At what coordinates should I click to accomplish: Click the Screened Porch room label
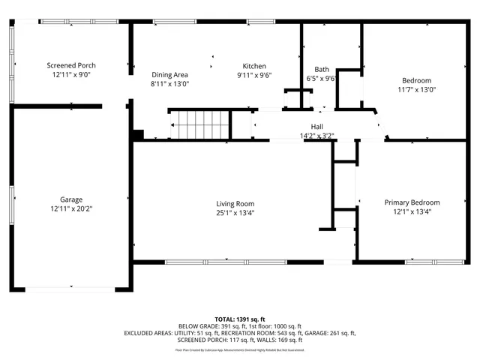(x=71, y=66)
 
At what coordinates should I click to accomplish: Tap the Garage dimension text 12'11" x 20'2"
(x=71, y=208)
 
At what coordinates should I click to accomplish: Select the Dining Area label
(x=169, y=74)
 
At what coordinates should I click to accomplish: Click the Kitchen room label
(x=254, y=66)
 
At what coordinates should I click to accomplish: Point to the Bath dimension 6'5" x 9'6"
(x=322, y=79)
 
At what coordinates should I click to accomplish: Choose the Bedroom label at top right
(x=416, y=80)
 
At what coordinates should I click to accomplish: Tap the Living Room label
(x=235, y=203)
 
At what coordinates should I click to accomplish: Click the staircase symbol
(x=199, y=124)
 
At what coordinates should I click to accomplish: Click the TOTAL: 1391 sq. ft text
(x=239, y=319)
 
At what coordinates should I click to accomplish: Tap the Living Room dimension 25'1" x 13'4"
(x=235, y=212)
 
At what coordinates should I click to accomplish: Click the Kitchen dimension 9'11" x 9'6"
(x=254, y=75)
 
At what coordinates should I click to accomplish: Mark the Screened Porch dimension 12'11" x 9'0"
(x=71, y=75)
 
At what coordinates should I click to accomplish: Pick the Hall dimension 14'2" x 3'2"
(x=316, y=136)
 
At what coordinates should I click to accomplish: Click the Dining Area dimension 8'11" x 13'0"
(x=169, y=84)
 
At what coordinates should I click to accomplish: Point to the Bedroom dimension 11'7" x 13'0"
(x=416, y=89)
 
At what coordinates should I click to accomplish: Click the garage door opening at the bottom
(x=71, y=288)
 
